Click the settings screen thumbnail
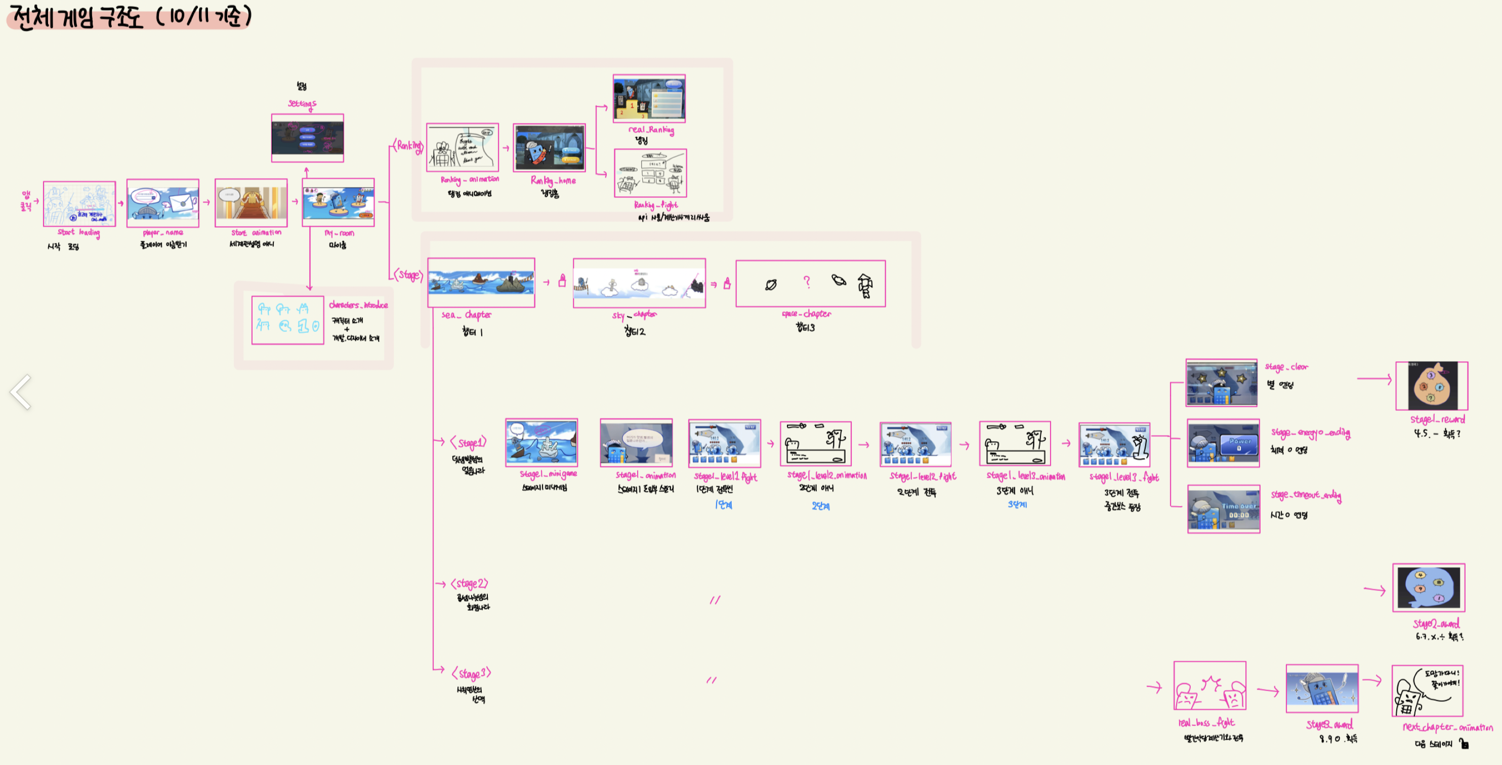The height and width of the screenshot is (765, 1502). pyautogui.click(x=307, y=138)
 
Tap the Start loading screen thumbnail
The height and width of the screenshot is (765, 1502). pyautogui.click(x=79, y=203)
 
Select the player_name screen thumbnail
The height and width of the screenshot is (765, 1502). pyautogui.click(x=162, y=203)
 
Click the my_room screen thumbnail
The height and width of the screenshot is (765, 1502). pyautogui.click(x=338, y=202)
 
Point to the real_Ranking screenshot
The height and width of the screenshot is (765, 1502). pyautogui.click(x=649, y=98)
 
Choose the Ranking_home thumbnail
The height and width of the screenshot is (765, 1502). pyautogui.click(x=549, y=148)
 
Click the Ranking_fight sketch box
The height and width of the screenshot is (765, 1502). pyautogui.click(x=650, y=173)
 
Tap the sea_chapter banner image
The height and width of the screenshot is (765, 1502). pyautogui.click(x=481, y=282)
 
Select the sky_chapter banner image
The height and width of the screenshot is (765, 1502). pyautogui.click(x=639, y=283)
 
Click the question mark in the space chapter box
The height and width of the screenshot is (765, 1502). pyautogui.click(x=807, y=282)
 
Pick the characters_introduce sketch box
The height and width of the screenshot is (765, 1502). pyautogui.click(x=287, y=320)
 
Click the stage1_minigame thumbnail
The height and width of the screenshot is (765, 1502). pyautogui.click(x=541, y=443)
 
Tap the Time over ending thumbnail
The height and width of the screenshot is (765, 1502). pyautogui.click(x=1223, y=509)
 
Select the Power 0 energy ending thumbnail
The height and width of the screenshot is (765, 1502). pyautogui.click(x=1223, y=443)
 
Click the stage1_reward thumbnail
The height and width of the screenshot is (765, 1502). pyautogui.click(x=1432, y=386)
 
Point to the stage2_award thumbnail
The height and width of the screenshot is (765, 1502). pyautogui.click(x=1429, y=588)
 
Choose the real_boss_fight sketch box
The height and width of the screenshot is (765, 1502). pyautogui.click(x=1209, y=686)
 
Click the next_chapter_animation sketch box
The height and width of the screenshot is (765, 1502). pyautogui.click(x=1427, y=691)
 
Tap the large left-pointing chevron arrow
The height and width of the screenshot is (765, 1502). pyautogui.click(x=21, y=392)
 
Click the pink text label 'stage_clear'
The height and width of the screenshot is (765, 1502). pyautogui.click(x=1286, y=367)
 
